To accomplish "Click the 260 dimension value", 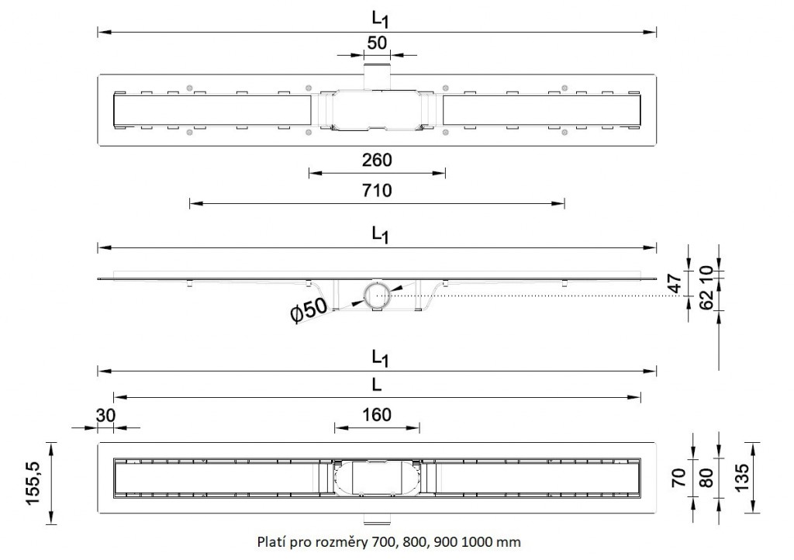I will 377,161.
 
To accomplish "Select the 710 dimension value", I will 377,191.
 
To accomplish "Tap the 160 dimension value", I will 377,415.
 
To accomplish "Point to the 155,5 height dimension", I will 33,482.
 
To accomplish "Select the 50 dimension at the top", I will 377,43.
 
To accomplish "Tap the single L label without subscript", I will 377,385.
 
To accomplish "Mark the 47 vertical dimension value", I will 677,282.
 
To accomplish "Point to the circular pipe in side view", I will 376,295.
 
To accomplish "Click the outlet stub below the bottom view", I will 377,517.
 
